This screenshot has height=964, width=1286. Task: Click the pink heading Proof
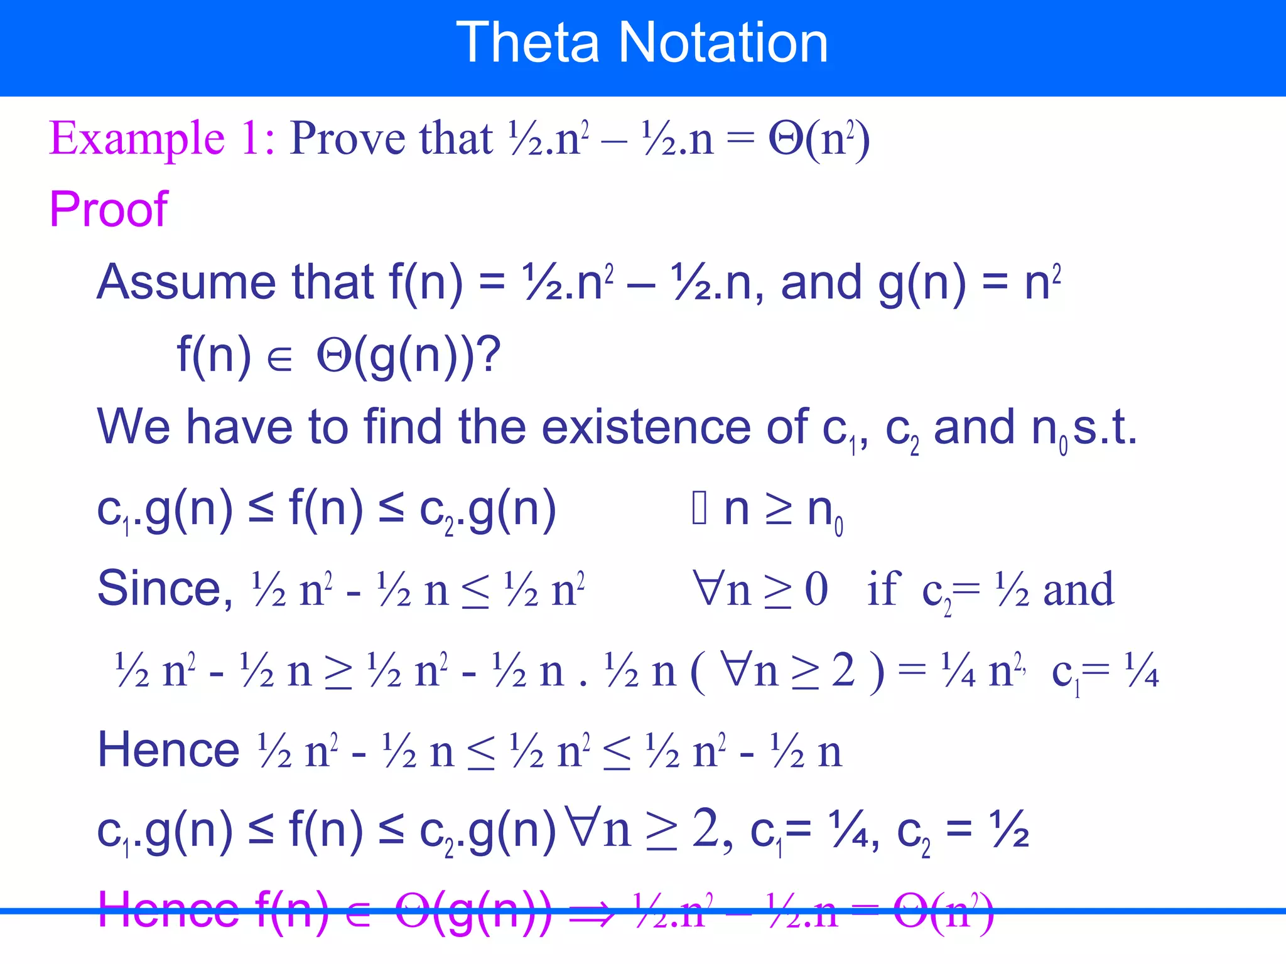(x=108, y=209)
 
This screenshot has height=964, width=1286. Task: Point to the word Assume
(x=186, y=282)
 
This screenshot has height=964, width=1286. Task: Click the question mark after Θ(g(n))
(x=489, y=355)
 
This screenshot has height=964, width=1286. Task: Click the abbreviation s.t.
(x=1105, y=427)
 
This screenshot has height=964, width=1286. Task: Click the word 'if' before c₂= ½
(x=883, y=589)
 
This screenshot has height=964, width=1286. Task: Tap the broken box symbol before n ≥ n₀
(x=700, y=509)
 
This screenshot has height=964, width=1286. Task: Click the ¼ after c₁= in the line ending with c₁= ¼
(x=1140, y=671)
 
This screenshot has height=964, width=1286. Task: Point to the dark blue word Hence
(x=168, y=749)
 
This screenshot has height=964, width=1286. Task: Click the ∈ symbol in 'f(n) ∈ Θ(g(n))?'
(x=279, y=359)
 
